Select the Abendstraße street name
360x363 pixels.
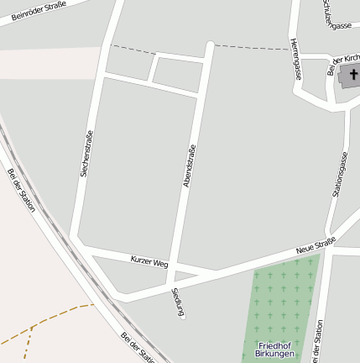click(190, 166)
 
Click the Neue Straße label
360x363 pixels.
click(316, 246)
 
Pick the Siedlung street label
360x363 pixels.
click(177, 302)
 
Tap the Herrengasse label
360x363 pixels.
click(295, 59)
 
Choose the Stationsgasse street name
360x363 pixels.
click(340, 175)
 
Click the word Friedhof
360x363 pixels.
click(275, 346)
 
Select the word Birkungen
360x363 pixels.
click(275, 355)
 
